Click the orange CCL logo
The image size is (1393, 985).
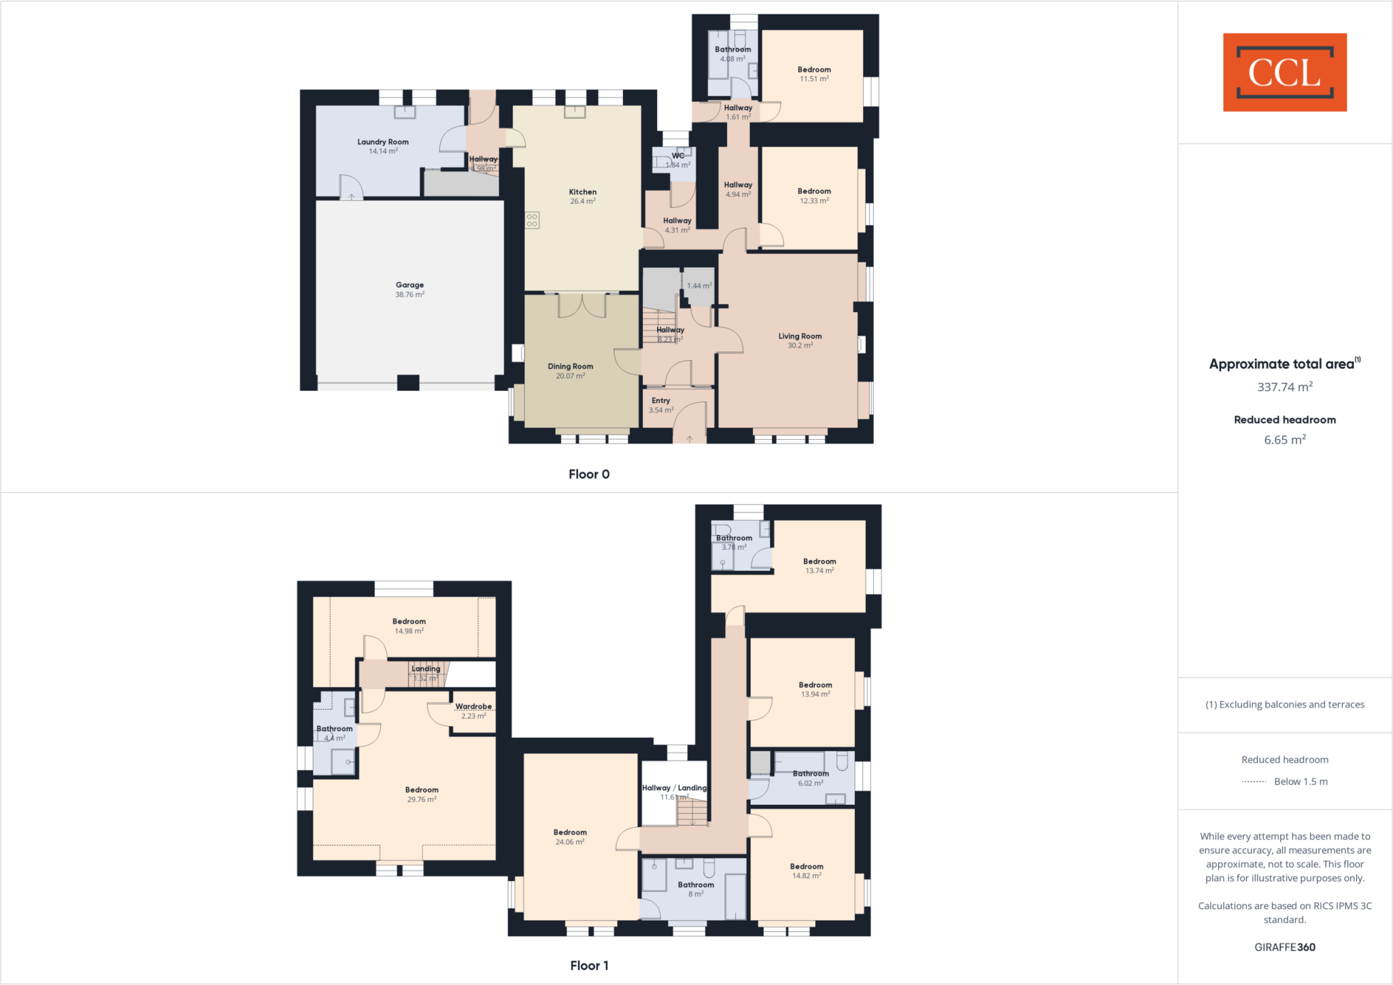tap(1284, 72)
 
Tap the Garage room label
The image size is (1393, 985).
tap(409, 286)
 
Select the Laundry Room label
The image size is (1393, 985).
tap(383, 142)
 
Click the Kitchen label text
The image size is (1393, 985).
tap(583, 192)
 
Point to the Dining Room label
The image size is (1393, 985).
tap(570, 366)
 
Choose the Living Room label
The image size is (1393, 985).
tap(800, 336)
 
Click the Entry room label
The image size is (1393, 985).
tap(660, 401)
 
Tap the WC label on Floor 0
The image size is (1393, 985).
tap(678, 156)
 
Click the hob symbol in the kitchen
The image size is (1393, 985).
tap(532, 220)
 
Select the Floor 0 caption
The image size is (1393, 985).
tap(589, 474)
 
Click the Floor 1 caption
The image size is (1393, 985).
tap(589, 965)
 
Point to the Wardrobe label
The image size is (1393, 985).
tap(473, 706)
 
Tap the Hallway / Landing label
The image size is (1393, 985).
tap(674, 788)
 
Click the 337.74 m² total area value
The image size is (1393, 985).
tap(1284, 387)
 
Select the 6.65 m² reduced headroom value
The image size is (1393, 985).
tap(1284, 440)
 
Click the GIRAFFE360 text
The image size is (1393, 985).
tap(1284, 947)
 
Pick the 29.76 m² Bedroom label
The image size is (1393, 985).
tap(422, 790)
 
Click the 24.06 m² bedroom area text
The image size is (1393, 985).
tap(570, 842)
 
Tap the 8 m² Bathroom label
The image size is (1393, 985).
tap(696, 885)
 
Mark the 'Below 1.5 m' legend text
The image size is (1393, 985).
tap(1300, 782)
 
